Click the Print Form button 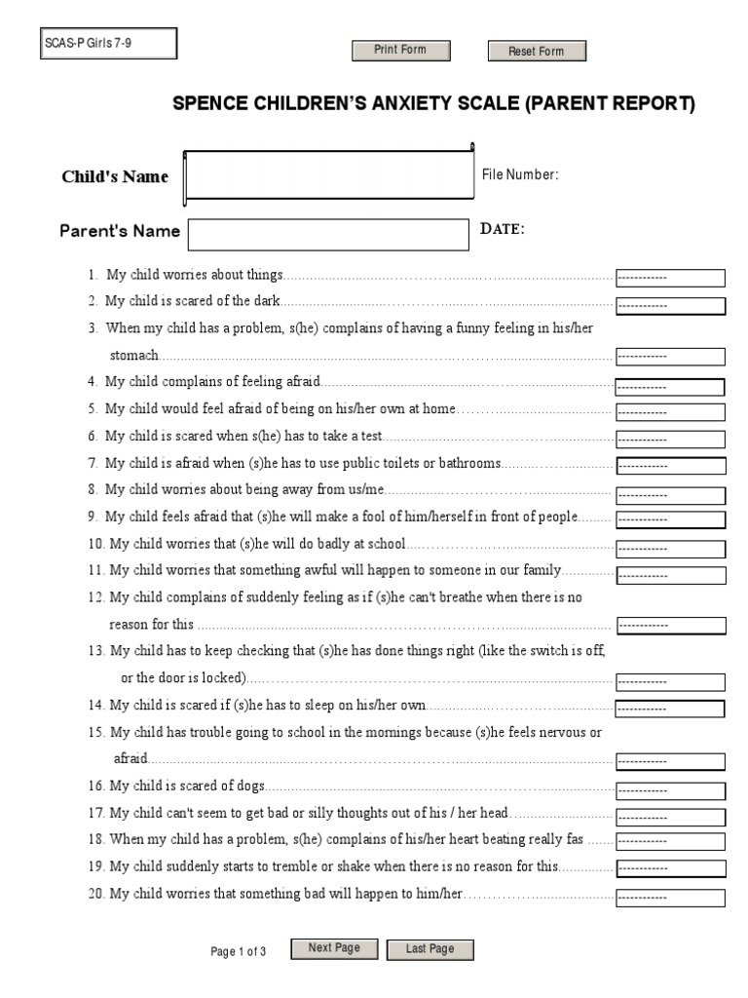click(x=400, y=51)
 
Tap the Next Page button click(x=334, y=948)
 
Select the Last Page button click(x=430, y=949)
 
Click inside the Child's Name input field click(x=328, y=175)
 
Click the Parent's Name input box click(x=328, y=234)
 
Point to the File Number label click(x=520, y=174)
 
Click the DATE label click(x=503, y=229)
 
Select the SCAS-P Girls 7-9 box click(x=109, y=44)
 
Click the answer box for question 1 click(x=670, y=278)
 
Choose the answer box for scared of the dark click(x=670, y=305)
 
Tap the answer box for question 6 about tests click(x=670, y=440)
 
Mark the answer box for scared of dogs click(x=670, y=789)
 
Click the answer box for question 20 click(x=670, y=897)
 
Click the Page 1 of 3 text click(x=239, y=952)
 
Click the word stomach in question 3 click(x=134, y=356)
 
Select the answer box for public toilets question click(x=670, y=467)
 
